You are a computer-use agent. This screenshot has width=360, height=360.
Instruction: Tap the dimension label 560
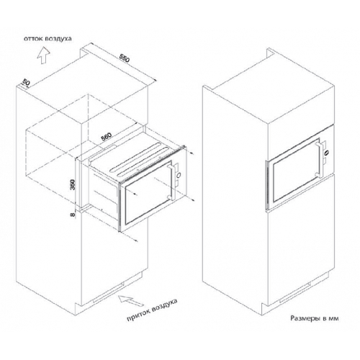106,137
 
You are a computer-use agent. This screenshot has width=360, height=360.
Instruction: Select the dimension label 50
26,82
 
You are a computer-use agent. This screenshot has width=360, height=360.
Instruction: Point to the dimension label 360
73,184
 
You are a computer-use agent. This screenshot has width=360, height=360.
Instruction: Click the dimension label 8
73,215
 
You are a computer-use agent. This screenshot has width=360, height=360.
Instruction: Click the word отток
33,39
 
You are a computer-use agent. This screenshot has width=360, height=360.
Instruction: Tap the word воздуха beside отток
58,39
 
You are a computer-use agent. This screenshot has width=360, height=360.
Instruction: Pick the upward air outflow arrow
43,55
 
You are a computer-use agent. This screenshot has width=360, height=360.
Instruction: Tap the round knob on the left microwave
179,175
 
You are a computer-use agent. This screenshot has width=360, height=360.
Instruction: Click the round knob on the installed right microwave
326,152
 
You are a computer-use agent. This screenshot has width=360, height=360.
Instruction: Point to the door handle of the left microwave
171,181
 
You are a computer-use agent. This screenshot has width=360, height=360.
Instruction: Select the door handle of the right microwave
319,159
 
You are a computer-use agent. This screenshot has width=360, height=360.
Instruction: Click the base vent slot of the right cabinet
295,292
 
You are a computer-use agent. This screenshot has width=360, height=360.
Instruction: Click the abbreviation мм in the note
334,319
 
